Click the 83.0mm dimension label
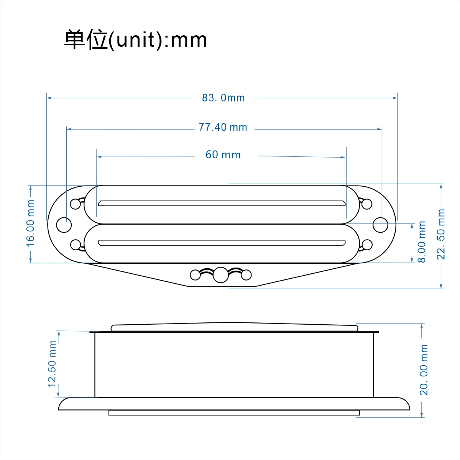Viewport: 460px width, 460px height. click(x=223, y=98)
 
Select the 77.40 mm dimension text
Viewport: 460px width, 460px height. click(x=223, y=127)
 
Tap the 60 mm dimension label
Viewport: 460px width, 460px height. click(x=223, y=155)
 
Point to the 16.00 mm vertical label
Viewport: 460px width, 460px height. click(x=31, y=223)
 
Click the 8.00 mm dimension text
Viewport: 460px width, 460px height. click(x=422, y=242)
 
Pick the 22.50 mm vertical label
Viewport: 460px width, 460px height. click(x=441, y=234)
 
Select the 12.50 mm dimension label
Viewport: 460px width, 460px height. click(x=52, y=364)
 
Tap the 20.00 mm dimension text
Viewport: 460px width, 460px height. click(x=424, y=370)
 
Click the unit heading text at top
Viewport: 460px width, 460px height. click(x=135, y=40)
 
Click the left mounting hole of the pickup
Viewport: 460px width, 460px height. click(x=64, y=225)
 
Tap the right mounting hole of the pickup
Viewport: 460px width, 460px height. click(x=381, y=225)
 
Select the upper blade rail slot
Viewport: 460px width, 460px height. click(x=222, y=203)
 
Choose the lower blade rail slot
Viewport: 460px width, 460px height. click(x=222, y=243)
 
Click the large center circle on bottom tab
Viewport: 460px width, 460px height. click(x=220, y=275)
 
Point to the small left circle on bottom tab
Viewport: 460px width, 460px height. click(x=195, y=275)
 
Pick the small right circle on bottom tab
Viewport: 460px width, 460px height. click(x=246, y=275)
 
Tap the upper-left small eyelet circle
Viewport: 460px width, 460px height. click(x=76, y=204)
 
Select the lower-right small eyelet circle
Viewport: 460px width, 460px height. click(x=367, y=244)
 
